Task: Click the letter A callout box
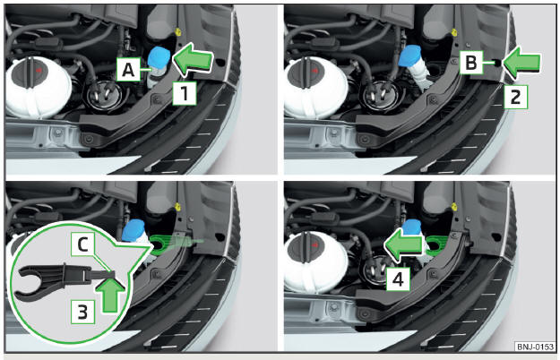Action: (128, 69)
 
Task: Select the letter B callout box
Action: (471, 63)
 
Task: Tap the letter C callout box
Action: (82, 244)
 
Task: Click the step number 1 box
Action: (185, 93)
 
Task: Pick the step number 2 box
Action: (515, 97)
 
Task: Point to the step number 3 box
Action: (82, 312)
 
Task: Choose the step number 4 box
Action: (398, 279)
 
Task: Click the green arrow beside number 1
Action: (193, 59)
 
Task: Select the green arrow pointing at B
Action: (521, 64)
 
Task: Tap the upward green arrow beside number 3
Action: (111, 294)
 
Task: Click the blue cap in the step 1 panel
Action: (159, 56)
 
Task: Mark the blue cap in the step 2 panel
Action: (410, 56)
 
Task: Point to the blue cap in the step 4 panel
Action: (412, 227)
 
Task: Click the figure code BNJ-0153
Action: (534, 347)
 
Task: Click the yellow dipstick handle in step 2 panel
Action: (454, 33)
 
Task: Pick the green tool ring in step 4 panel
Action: (435, 244)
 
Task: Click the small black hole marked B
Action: (496, 63)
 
